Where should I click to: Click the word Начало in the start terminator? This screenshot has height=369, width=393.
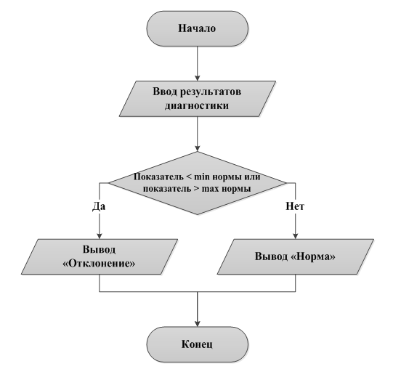(197, 28)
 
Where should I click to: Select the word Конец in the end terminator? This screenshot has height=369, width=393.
(197, 344)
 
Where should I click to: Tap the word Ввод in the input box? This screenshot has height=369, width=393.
(165, 92)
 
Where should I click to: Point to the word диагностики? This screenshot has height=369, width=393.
(197, 105)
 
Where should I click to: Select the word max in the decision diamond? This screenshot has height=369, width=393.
(210, 188)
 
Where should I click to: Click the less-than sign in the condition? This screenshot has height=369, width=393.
(189, 177)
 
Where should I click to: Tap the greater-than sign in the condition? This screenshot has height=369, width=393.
(196, 189)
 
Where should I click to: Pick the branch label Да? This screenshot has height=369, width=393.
(99, 206)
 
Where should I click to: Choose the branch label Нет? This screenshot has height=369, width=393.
(295, 206)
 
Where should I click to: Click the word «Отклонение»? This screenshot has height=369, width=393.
(99, 264)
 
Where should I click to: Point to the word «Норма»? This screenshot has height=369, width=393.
(313, 256)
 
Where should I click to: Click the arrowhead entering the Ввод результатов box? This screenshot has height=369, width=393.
(198, 78)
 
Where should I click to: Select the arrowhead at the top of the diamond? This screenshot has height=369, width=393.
(198, 148)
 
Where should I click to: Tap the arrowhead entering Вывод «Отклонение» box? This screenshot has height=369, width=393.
(100, 236)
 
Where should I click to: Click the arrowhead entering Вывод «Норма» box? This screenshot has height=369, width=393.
(295, 236)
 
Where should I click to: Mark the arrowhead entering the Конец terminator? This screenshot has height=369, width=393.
(198, 324)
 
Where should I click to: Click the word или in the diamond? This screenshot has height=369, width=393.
(252, 177)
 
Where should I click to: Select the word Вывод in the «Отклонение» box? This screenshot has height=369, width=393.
(99, 250)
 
